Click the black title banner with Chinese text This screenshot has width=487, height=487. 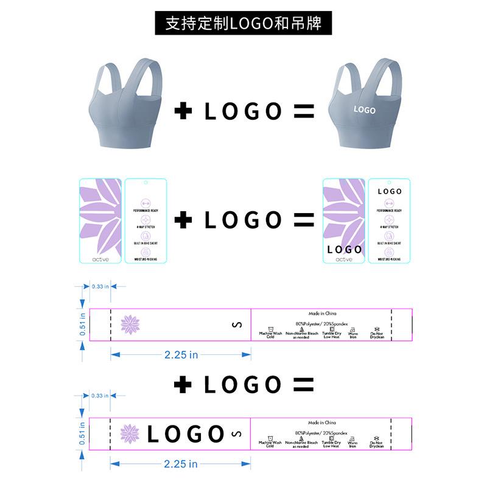[243, 23]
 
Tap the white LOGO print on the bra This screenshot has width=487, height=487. [365, 110]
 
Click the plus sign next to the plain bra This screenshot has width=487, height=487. [183, 111]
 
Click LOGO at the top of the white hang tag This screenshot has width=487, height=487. [390, 191]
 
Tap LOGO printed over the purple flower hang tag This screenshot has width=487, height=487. [345, 249]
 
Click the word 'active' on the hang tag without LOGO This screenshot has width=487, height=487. [101, 259]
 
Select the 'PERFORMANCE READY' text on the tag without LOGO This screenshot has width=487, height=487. [145, 211]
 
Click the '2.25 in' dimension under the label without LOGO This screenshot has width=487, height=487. [181, 355]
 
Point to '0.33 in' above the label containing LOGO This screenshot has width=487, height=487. [100, 396]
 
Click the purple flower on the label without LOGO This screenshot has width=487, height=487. [130, 324]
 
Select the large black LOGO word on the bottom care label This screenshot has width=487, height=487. [186, 434]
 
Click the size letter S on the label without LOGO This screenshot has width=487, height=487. [237, 325]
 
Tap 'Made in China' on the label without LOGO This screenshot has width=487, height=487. [322, 313]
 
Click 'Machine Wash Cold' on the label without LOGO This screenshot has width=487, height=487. [270, 335]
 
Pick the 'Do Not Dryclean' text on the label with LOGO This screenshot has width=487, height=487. [377, 444]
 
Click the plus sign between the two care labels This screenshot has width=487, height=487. [183, 384]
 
